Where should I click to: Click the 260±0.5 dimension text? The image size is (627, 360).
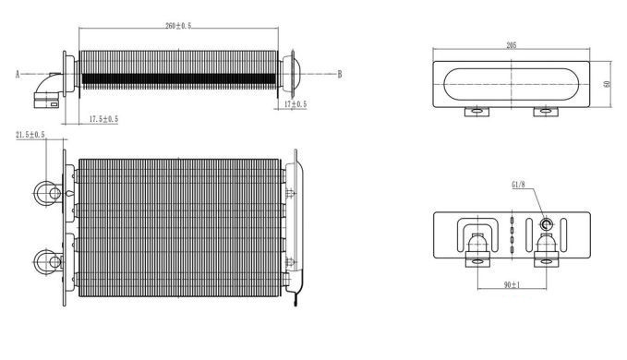point(178,26)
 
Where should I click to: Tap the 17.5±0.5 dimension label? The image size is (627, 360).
point(103,119)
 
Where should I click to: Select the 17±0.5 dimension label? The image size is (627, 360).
point(295,104)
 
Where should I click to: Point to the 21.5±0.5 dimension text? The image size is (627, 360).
point(30,135)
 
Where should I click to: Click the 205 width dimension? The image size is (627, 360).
point(512,45)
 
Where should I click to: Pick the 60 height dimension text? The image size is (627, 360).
point(608,84)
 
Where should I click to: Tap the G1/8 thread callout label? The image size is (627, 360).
point(518,185)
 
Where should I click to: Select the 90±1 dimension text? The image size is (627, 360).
point(512,285)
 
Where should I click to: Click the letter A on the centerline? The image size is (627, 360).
point(18,75)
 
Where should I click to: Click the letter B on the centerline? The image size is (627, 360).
point(340,75)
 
